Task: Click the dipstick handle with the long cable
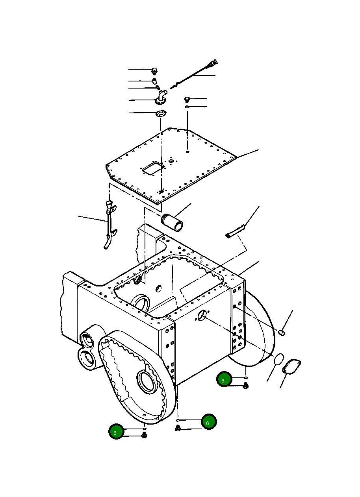point(213,62)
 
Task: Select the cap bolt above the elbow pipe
point(155,71)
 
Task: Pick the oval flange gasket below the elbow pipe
point(160,114)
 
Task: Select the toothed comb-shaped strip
point(235,231)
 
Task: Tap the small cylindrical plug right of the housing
point(282,333)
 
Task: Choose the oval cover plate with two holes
point(291,366)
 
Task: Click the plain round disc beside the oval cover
point(278,359)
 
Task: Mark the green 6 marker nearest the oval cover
point(223,380)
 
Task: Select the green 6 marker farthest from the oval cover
point(116,432)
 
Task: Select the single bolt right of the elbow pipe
point(188,99)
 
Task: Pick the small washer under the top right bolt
point(188,107)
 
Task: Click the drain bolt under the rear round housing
point(245,386)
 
